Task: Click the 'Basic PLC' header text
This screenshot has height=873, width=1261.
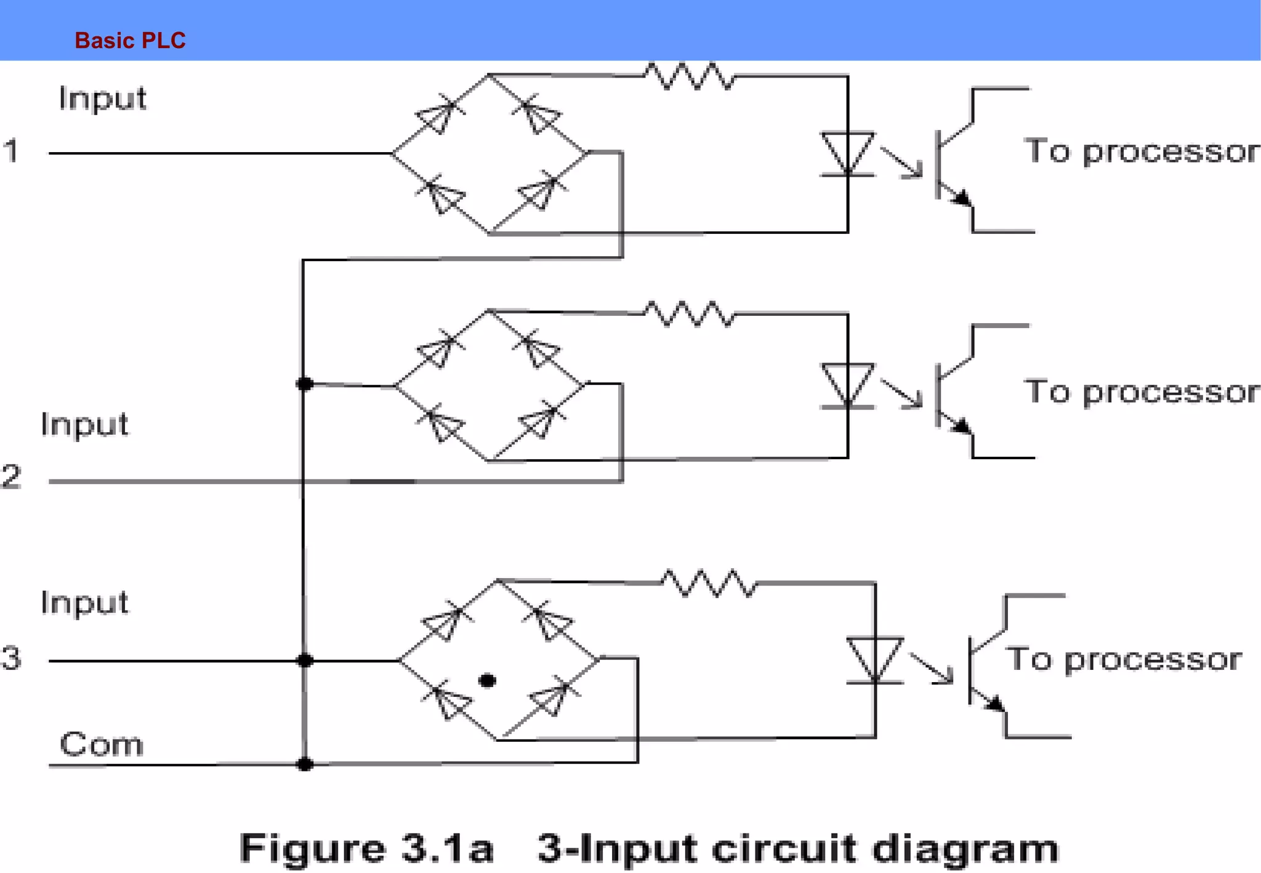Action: (x=130, y=41)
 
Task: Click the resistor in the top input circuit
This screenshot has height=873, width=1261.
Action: (x=690, y=77)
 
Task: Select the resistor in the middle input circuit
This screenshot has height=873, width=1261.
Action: (x=690, y=314)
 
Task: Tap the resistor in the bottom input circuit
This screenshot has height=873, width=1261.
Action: (x=709, y=583)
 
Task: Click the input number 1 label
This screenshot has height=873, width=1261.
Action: (x=11, y=151)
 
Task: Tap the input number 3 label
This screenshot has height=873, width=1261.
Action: (x=11, y=658)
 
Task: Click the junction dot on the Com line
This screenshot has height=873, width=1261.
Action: (x=305, y=765)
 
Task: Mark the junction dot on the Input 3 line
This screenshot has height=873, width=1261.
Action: (x=305, y=661)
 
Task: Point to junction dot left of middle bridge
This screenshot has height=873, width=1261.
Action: (x=305, y=384)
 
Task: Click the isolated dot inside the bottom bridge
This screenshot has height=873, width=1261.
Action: (x=487, y=681)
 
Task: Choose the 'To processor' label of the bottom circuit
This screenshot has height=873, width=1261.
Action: (x=1123, y=659)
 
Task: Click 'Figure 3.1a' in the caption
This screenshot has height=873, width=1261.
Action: (x=367, y=848)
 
